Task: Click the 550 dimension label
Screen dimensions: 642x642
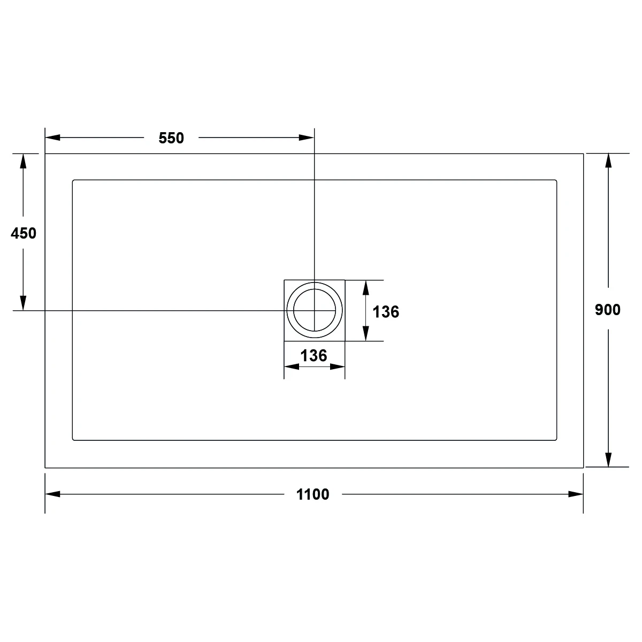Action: [171, 138]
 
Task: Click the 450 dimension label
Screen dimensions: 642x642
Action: [24, 233]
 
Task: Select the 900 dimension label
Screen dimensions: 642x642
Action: [608, 310]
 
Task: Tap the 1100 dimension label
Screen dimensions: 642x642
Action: [312, 494]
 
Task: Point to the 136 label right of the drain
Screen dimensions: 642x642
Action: [386, 312]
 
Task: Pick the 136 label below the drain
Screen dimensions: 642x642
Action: [314, 355]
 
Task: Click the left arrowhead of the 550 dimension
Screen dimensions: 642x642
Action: [52, 137]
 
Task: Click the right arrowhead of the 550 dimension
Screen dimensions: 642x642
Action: [307, 137]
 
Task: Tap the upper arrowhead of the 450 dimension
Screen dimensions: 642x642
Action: [23, 161]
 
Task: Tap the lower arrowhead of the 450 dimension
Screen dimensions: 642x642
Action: [23, 303]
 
